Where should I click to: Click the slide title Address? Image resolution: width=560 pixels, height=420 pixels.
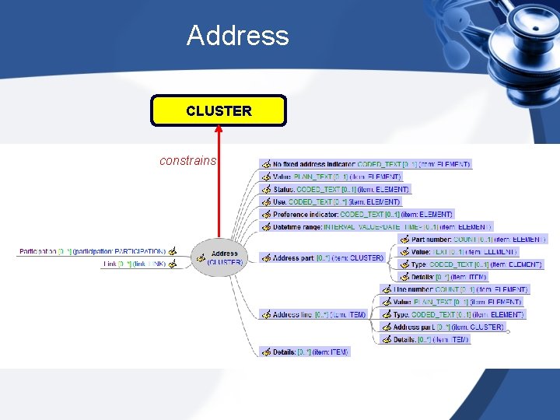coord(237,36)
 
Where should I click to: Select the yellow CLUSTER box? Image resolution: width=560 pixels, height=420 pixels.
coord(219,110)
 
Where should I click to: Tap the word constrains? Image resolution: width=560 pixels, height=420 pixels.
coord(187,161)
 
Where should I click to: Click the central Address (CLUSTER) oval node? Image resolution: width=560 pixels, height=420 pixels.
coord(224,257)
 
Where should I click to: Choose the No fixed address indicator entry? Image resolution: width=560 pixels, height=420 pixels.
coord(370,165)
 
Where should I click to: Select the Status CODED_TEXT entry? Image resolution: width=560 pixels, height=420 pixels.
coord(341,189)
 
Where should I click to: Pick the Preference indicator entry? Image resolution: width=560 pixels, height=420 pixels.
coord(362,214)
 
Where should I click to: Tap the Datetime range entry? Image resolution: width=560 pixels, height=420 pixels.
coord(381,226)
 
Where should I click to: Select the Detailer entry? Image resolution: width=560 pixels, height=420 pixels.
coord(448,277)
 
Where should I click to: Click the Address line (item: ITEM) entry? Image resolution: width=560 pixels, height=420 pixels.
coord(319,314)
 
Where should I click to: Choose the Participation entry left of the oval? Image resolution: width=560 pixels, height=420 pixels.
coord(92,251)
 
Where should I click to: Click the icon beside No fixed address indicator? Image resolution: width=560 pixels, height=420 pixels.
coord(266,165)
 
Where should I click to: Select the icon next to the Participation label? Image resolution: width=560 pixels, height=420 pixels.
coord(173,251)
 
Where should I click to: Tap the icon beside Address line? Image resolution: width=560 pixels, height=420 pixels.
coord(266,314)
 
